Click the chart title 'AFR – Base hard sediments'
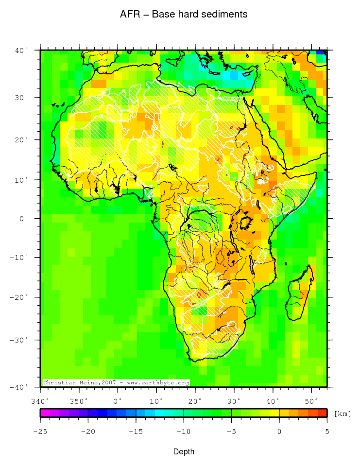click(184, 15)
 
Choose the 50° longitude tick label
click(311, 401)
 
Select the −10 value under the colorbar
click(183, 431)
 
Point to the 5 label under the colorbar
click(326, 431)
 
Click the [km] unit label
click(342, 414)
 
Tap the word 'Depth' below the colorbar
click(184, 452)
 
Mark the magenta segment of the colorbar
click(45, 413)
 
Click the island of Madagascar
click(300, 294)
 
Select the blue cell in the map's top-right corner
click(321, 52)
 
